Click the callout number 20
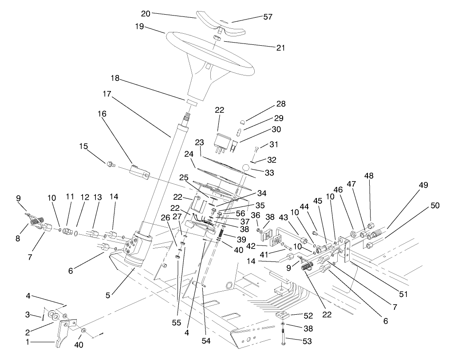click(145, 13)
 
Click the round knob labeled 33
click(247, 167)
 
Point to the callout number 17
click(107, 94)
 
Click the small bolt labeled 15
click(110, 165)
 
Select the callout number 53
click(306, 341)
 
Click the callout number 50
click(435, 206)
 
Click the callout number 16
click(102, 114)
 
